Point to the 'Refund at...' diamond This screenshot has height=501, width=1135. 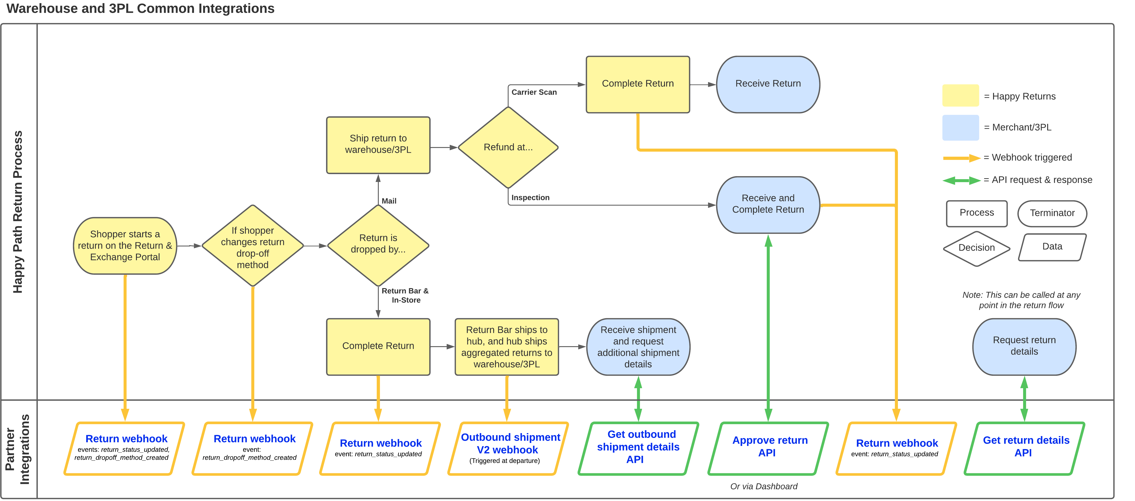click(x=508, y=148)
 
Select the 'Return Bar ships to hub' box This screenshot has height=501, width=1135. click(x=507, y=347)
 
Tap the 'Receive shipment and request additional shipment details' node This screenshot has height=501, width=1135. click(x=638, y=347)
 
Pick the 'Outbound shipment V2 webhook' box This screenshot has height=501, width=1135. click(x=508, y=448)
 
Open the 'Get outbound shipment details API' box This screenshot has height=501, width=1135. click(x=638, y=448)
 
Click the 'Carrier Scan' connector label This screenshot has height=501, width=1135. click(x=534, y=92)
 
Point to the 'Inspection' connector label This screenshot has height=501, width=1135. click(x=530, y=198)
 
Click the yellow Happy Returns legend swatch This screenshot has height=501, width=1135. click(x=961, y=96)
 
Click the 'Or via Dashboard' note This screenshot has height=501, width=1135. click(x=764, y=487)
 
